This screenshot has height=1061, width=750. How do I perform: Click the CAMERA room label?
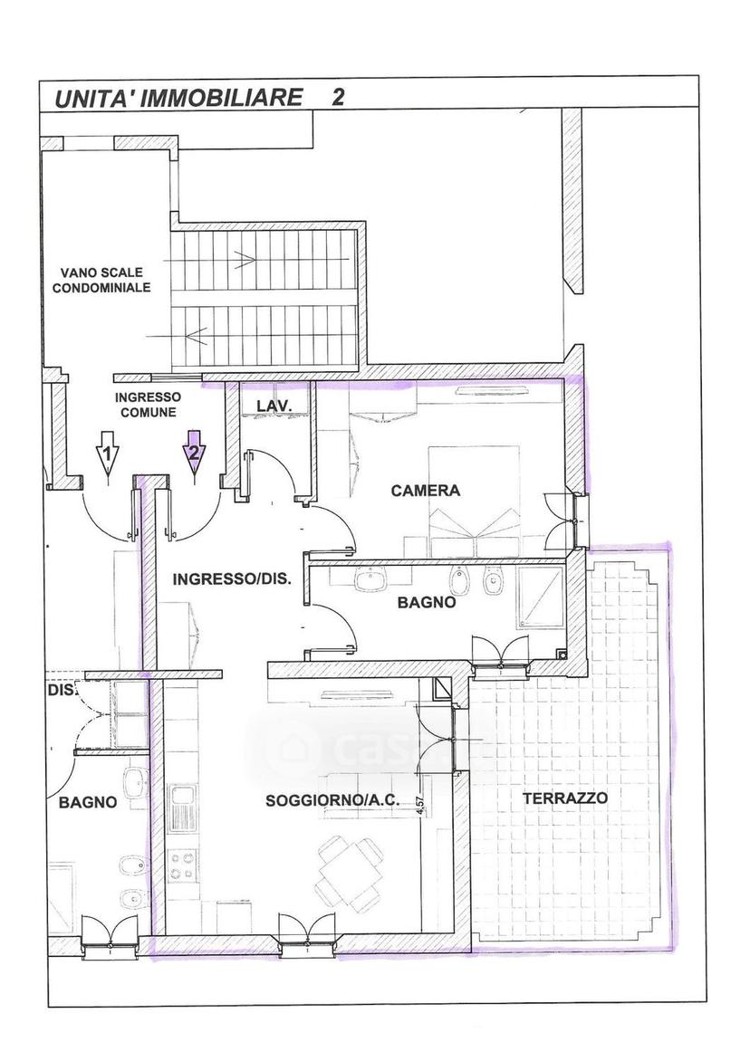[425, 491]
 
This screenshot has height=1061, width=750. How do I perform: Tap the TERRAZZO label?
[565, 798]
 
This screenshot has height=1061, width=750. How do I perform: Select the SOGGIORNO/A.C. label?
[332, 801]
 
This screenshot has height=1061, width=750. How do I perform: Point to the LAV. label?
[274, 406]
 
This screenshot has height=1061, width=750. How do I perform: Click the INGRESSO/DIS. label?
[232, 579]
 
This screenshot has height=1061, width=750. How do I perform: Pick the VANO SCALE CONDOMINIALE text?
[105, 280]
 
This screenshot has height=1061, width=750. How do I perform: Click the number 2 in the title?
[337, 98]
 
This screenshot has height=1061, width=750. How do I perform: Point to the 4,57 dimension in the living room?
[420, 808]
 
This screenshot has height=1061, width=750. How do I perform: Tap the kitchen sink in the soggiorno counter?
[182, 808]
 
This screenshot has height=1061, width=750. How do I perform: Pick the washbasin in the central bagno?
[370, 579]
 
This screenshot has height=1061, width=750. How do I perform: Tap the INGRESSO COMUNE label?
[146, 405]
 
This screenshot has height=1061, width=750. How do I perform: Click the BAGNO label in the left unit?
[88, 802]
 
